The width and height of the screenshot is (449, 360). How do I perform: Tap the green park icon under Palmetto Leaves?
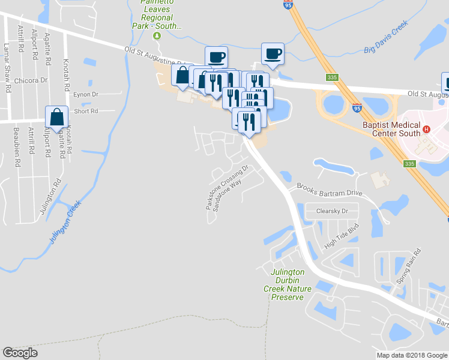(x=157, y=35)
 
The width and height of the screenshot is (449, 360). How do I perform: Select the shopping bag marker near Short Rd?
(x=56, y=118)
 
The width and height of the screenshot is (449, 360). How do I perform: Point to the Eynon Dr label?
(x=85, y=95)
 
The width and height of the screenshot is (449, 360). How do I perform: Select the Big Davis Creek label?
(x=385, y=37)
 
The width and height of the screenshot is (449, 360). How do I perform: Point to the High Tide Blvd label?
(x=340, y=236)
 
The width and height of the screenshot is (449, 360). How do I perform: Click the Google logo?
(x=20, y=353)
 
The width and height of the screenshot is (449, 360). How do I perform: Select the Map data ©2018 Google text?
(x=412, y=355)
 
